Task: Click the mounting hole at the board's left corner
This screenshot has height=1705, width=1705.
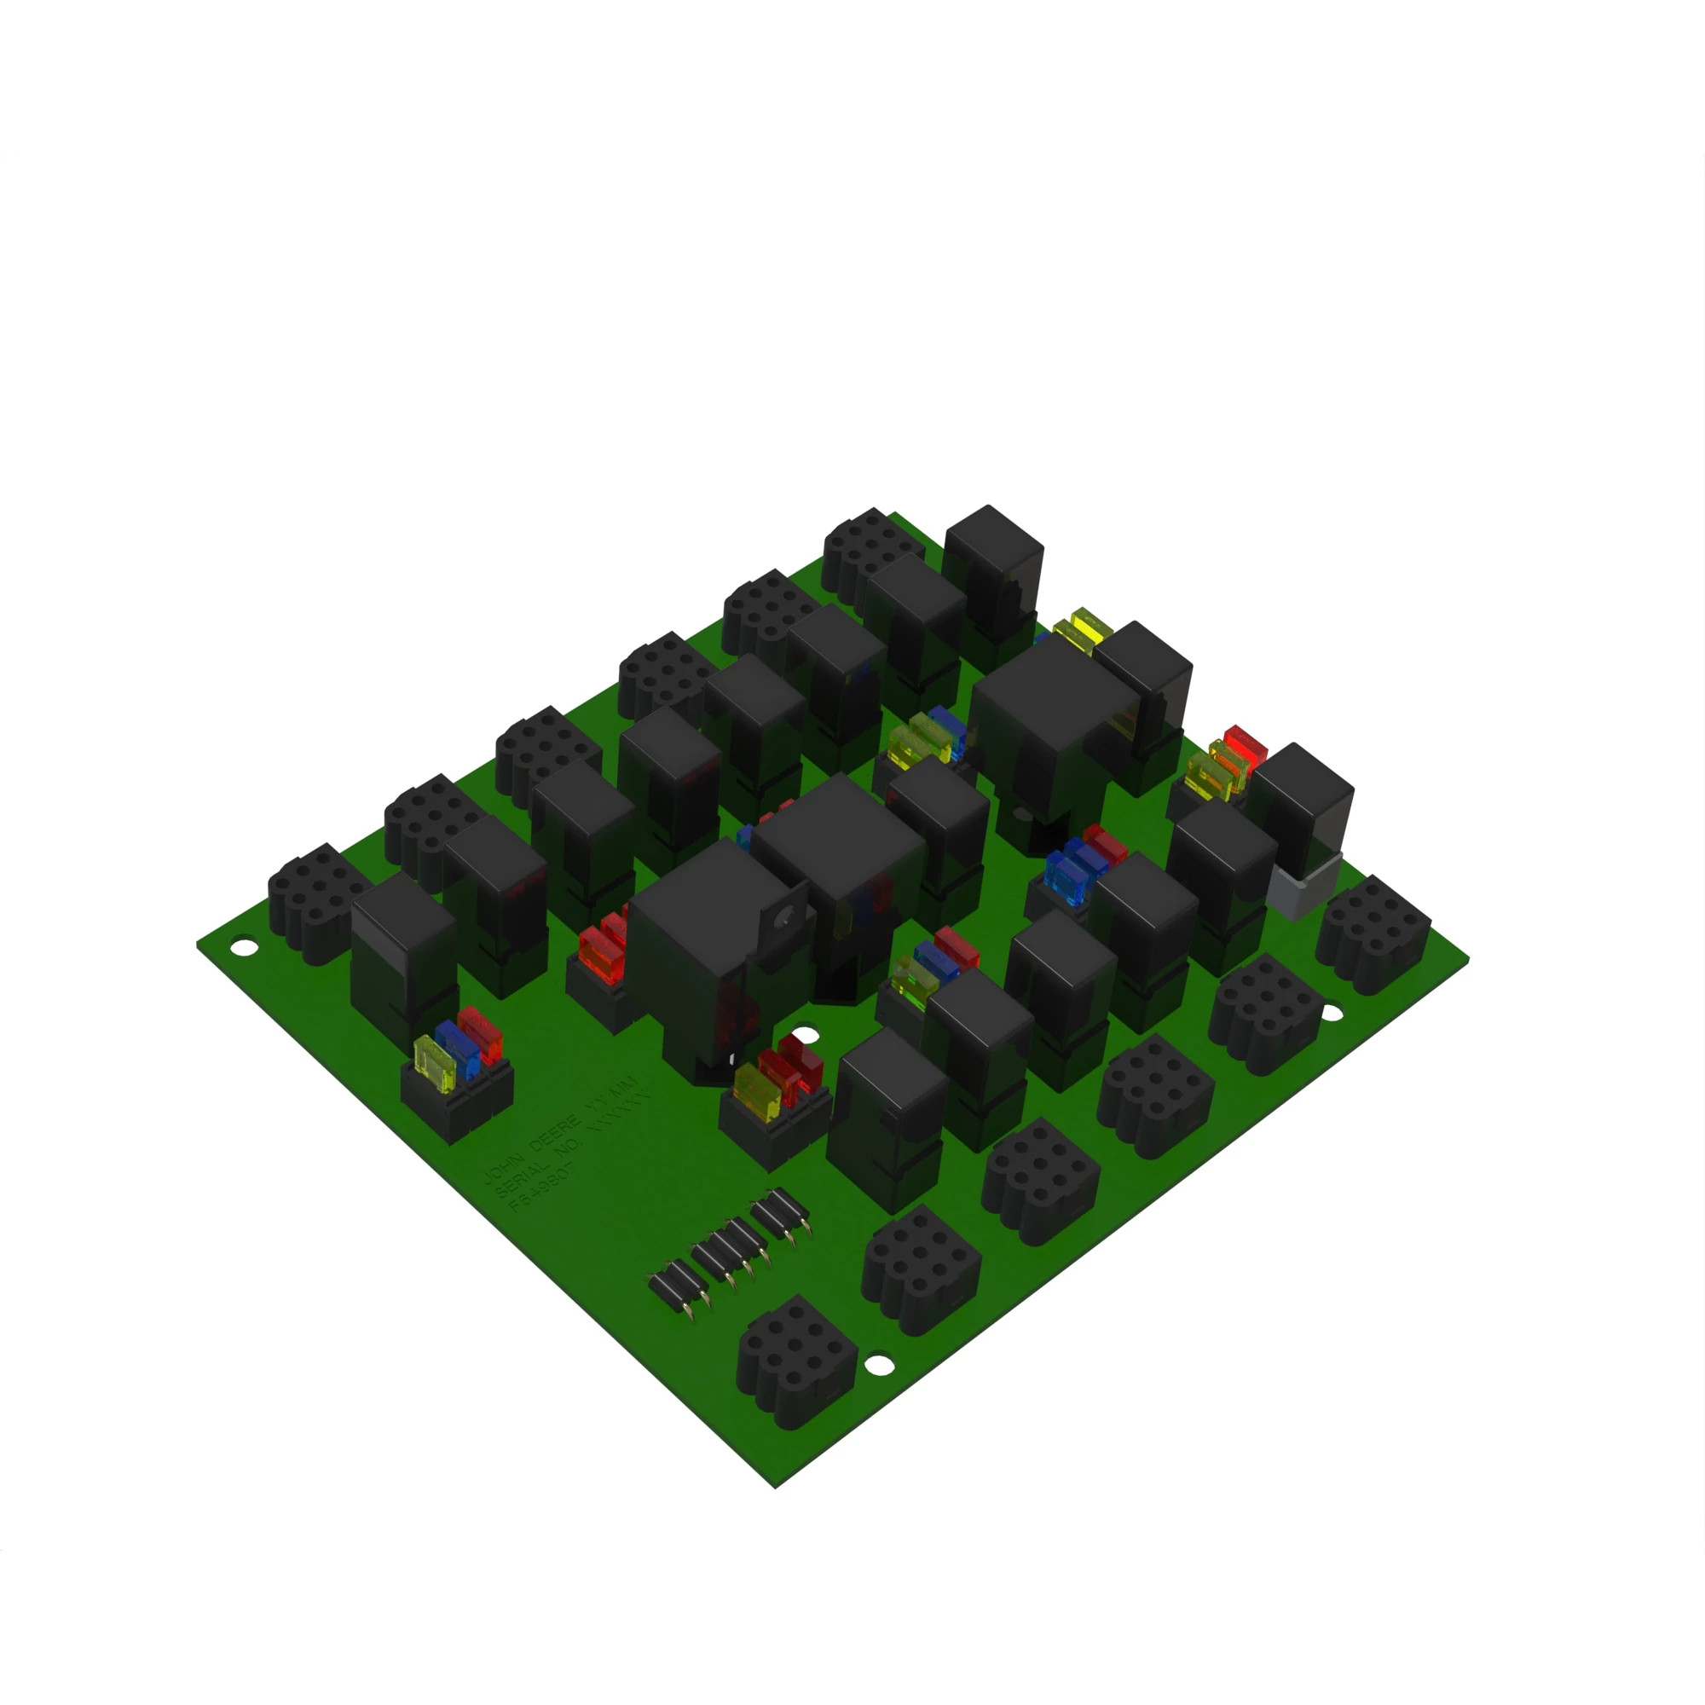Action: tap(244, 948)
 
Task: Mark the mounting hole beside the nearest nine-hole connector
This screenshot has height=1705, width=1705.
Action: tap(877, 1364)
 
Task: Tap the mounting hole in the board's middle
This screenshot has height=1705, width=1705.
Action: tap(802, 1036)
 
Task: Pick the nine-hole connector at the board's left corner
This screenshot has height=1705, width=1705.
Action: tap(313, 900)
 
